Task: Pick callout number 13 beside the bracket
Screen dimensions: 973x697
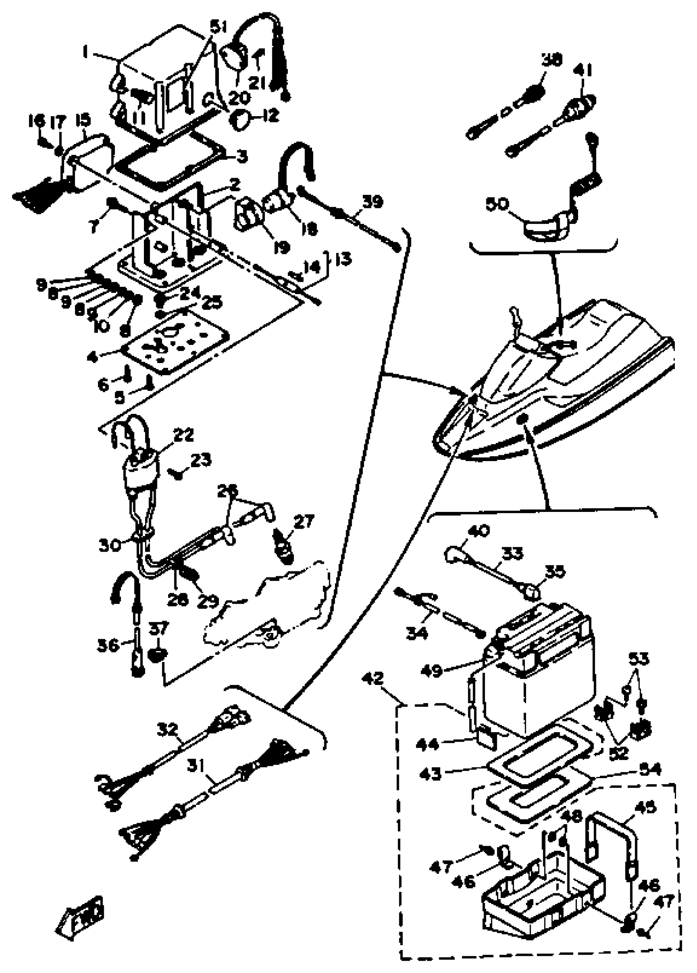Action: click(x=343, y=259)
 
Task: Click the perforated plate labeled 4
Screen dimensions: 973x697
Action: click(x=176, y=339)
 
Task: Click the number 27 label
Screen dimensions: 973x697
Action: click(x=304, y=522)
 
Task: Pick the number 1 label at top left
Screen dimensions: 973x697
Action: click(x=85, y=53)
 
